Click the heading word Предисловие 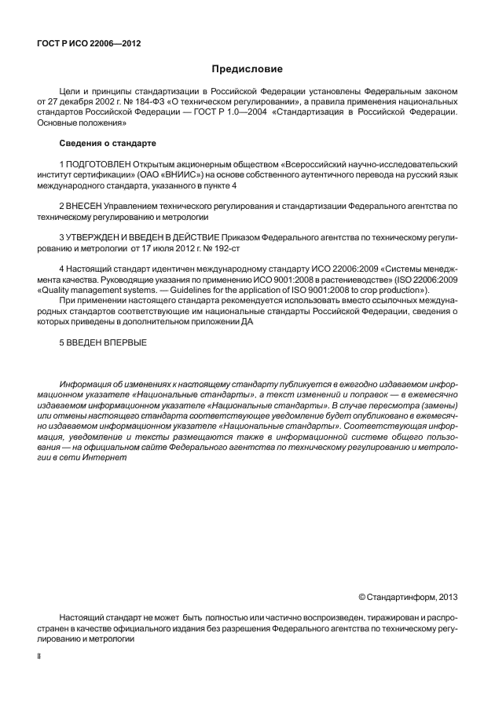coord(247,70)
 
